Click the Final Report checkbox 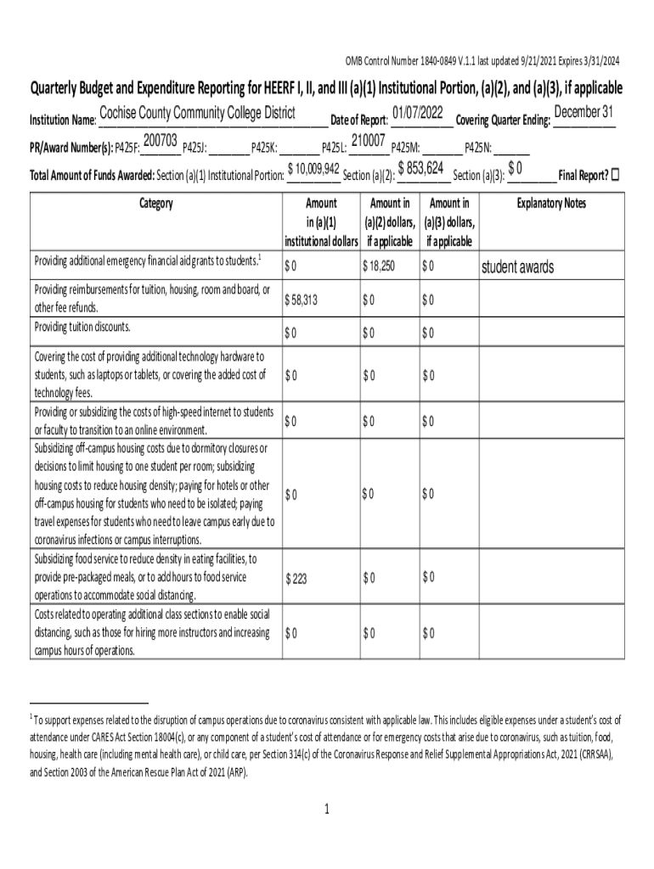616,175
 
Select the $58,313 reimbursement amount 302,300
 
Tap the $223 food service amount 296,579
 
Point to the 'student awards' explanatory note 517,268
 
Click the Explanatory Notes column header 551,204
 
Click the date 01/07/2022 418,114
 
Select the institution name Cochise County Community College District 197,114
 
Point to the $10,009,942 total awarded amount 314,169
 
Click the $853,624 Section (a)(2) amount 422,168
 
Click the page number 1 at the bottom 327,809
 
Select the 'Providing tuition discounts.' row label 83,327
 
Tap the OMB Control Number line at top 482,60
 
